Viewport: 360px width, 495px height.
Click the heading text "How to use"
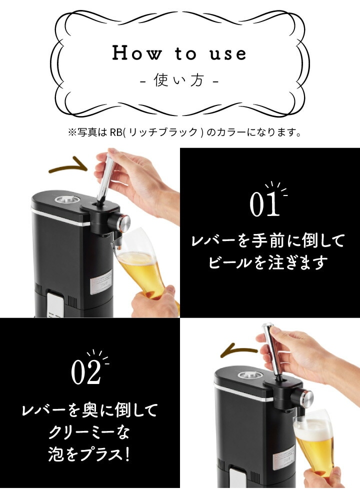click(179, 53)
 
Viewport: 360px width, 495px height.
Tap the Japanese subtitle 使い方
click(178, 80)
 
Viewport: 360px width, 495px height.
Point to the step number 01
click(264, 204)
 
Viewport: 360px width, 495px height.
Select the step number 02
click(86, 373)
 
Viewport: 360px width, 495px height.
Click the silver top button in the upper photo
click(66, 199)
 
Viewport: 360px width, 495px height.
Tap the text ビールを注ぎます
click(266, 262)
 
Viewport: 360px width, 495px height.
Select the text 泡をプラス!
click(89, 454)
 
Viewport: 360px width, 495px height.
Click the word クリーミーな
click(89, 432)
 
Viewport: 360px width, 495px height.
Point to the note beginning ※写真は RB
click(184, 132)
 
